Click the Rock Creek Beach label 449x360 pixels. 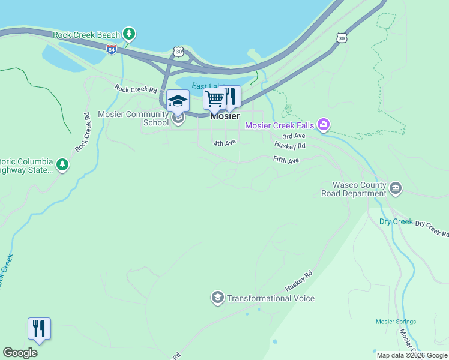86,35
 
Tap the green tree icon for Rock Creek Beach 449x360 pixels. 128,34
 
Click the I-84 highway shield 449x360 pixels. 112,49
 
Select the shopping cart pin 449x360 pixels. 214,98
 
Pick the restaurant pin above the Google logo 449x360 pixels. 39,329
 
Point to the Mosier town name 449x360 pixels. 225,116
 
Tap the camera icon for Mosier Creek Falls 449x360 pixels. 324,125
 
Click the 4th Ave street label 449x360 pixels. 224,143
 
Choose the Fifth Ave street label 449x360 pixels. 286,160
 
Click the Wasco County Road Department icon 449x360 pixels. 396,188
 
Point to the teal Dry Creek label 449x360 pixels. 396,221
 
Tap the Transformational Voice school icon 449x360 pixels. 217,298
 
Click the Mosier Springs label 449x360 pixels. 396,322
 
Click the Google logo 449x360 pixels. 20,353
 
